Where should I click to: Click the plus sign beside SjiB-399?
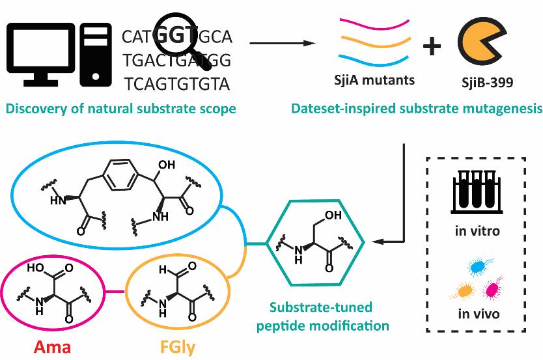pos(432,45)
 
